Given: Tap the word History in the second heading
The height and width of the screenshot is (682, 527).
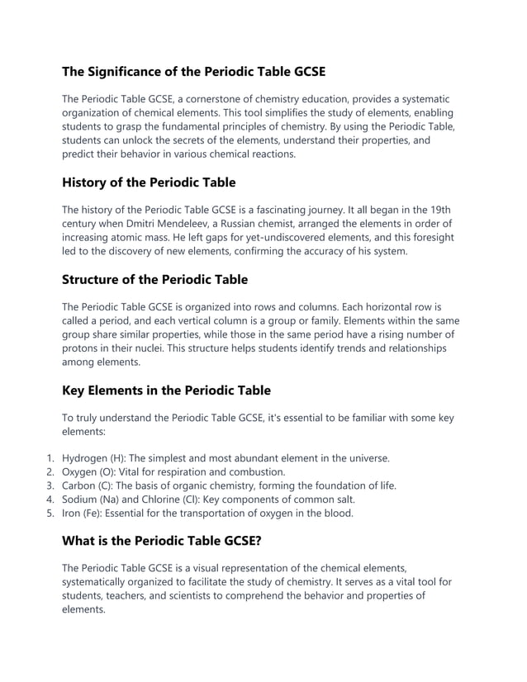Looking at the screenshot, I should click(88, 182).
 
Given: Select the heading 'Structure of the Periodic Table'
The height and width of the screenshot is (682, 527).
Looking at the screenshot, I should click(154, 279).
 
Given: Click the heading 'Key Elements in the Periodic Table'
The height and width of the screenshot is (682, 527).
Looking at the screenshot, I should click(166, 390).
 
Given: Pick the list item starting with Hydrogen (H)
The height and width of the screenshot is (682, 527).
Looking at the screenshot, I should click(226, 457).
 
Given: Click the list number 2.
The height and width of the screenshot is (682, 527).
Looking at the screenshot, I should click(50, 471).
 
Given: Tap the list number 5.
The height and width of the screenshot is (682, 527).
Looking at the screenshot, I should click(50, 514).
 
